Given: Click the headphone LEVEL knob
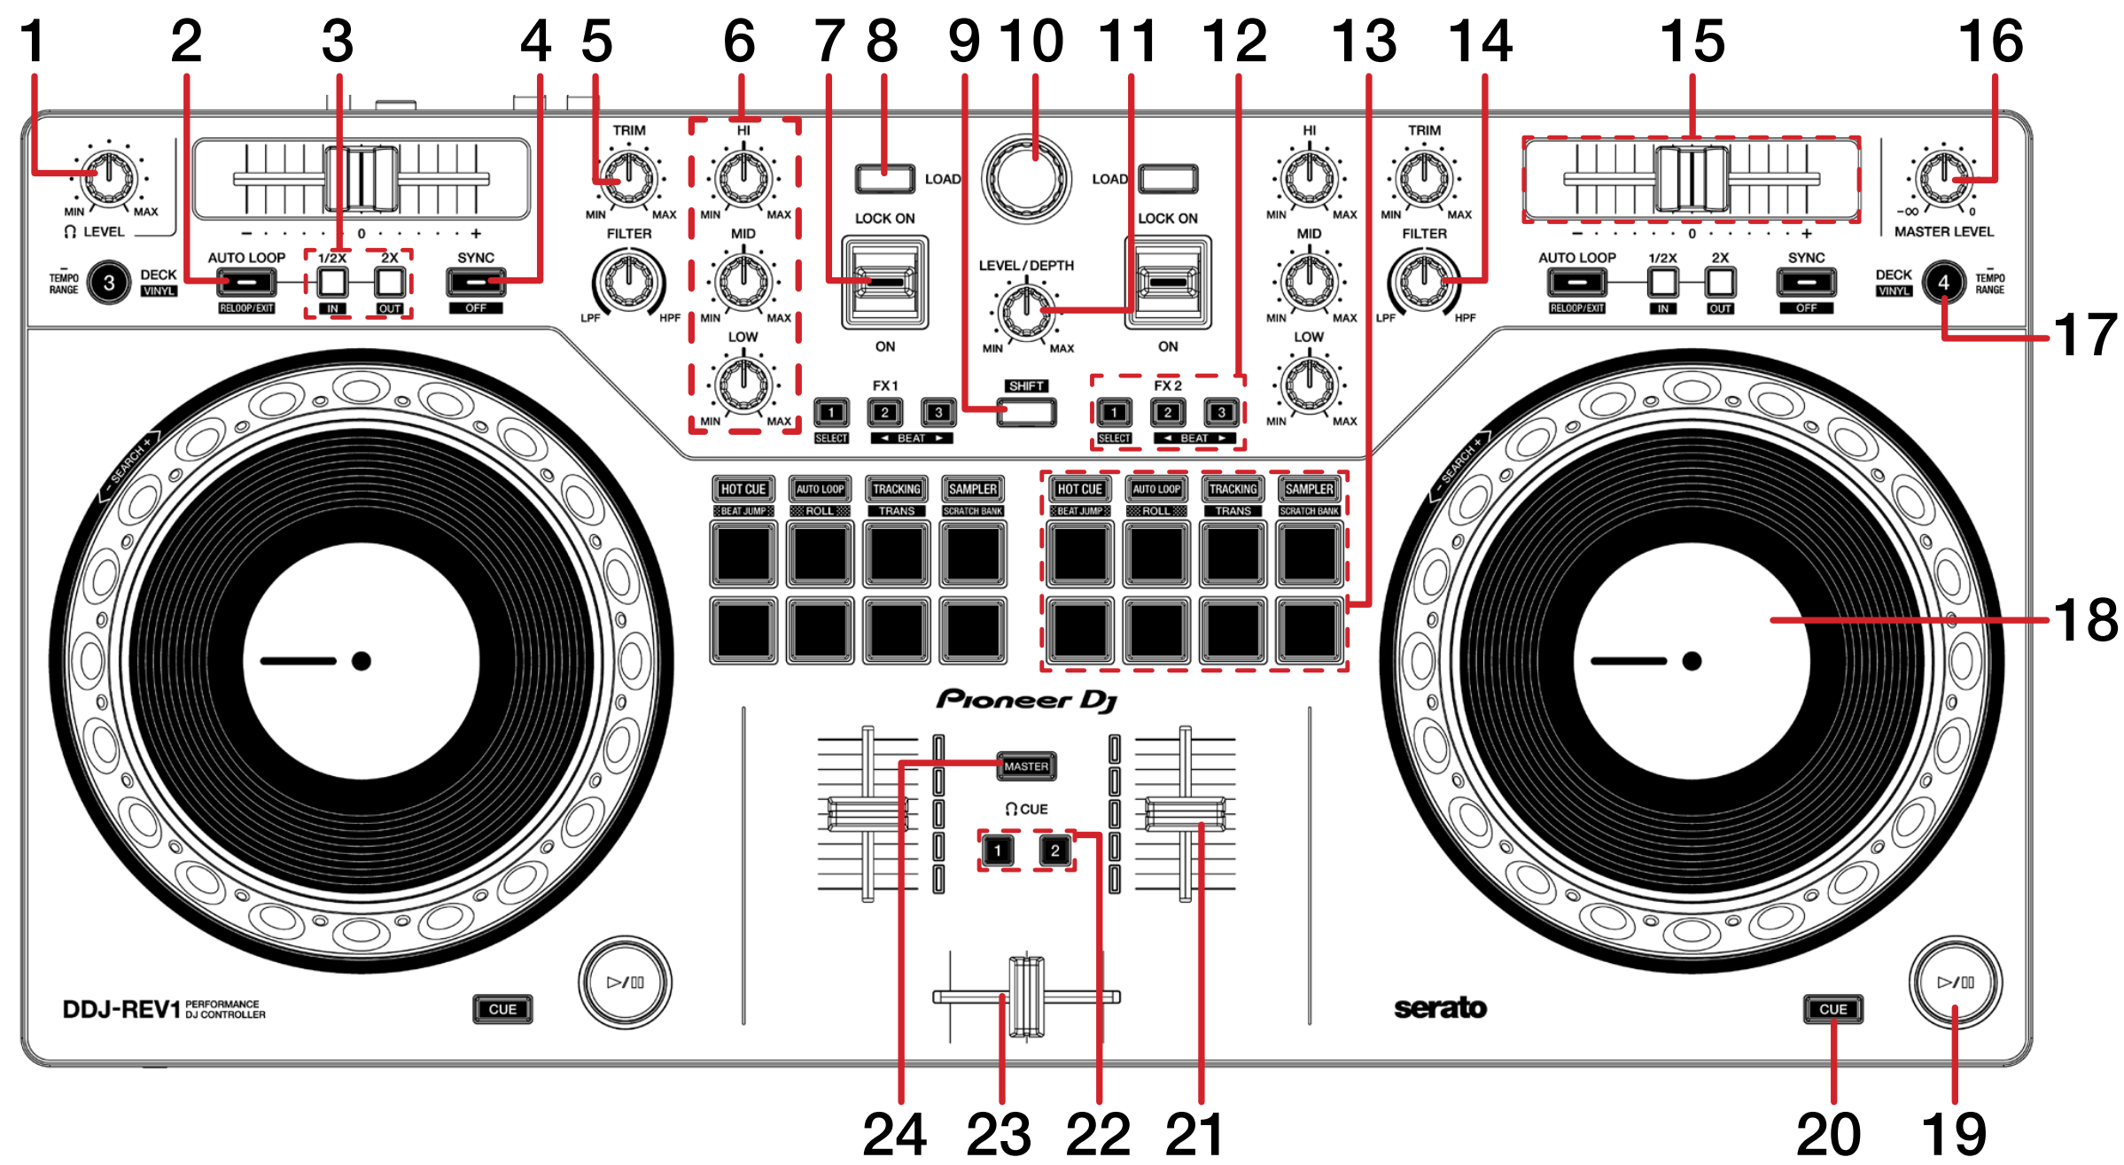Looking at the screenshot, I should (110, 176).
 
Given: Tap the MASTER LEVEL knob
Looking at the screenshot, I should (1942, 177).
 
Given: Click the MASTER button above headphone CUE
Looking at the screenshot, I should (1026, 766).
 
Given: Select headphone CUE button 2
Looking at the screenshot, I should (1054, 850).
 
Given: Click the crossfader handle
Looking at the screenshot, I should (1026, 997).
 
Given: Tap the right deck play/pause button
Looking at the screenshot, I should (1955, 982).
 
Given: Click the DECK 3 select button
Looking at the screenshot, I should (109, 283).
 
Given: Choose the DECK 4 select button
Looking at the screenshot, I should (1943, 283).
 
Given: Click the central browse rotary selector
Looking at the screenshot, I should (1026, 178).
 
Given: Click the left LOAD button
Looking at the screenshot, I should (884, 179).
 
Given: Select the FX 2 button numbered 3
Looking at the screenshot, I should (1221, 412).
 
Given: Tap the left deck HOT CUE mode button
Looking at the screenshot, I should (743, 489).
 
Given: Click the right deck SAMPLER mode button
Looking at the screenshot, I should (1309, 489).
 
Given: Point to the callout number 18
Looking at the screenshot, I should (2085, 620).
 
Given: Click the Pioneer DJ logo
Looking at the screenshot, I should (1026, 700).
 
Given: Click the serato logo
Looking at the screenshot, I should (1440, 1008).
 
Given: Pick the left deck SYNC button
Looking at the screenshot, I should (476, 283).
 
